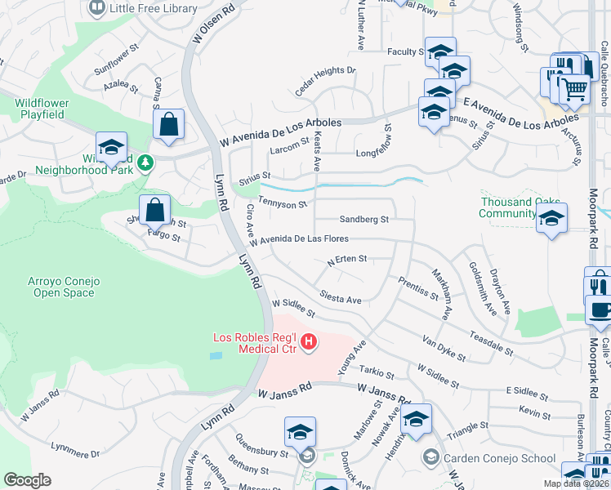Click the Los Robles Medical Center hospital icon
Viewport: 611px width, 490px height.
click(x=309, y=341)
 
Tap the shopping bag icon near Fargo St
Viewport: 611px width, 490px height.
click(x=154, y=210)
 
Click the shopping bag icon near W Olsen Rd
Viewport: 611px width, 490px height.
click(x=168, y=124)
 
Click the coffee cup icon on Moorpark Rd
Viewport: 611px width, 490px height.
click(x=600, y=310)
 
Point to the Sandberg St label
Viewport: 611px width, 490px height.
click(x=363, y=219)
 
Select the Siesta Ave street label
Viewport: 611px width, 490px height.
click(x=341, y=300)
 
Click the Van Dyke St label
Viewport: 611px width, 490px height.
click(x=444, y=348)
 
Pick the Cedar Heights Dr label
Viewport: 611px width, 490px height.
click(x=325, y=82)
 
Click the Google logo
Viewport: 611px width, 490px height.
click(x=28, y=480)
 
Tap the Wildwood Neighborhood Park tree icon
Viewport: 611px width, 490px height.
click(x=145, y=163)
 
